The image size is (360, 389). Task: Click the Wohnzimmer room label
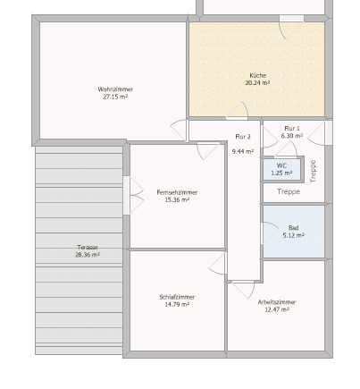click(115, 89)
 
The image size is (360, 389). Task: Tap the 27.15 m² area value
click(115, 97)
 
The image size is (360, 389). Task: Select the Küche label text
click(258, 75)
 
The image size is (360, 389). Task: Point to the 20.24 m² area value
click(258, 83)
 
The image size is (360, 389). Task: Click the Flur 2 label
click(243, 137)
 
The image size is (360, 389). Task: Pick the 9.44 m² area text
click(243, 151)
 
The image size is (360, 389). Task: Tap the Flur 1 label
click(292, 129)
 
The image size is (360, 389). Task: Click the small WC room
click(281, 169)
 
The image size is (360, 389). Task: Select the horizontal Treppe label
click(289, 191)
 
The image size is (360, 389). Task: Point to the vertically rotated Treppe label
click(313, 172)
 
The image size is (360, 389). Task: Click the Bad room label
click(294, 228)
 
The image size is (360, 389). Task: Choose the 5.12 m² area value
click(294, 235)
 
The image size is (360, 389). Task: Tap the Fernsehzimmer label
click(177, 192)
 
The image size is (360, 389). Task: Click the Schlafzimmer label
click(177, 297)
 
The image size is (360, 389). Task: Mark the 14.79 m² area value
click(177, 304)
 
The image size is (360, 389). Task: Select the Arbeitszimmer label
click(277, 302)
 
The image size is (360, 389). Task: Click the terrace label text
click(88, 247)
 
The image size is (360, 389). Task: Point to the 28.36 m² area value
click(88, 255)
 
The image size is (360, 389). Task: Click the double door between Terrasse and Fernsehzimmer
click(133, 196)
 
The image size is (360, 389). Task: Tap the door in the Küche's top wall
click(291, 27)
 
